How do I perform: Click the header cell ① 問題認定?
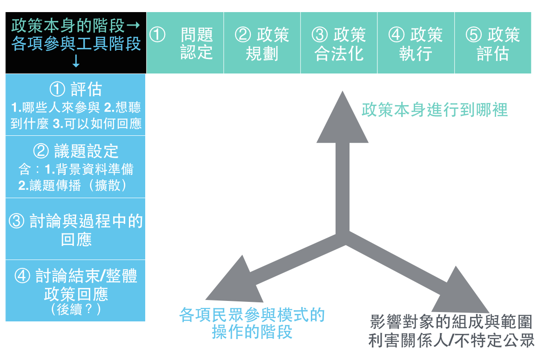point(185,43)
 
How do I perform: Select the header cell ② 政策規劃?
point(262,43)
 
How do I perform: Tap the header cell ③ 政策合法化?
point(339,43)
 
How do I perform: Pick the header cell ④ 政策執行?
point(416,43)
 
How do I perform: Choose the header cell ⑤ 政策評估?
point(493,43)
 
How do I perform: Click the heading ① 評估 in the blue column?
point(75,90)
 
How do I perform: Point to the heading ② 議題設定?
point(75,151)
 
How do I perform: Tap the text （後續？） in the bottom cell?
point(75,309)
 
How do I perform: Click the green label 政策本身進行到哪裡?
point(435,110)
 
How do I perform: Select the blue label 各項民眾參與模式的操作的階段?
point(252,323)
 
